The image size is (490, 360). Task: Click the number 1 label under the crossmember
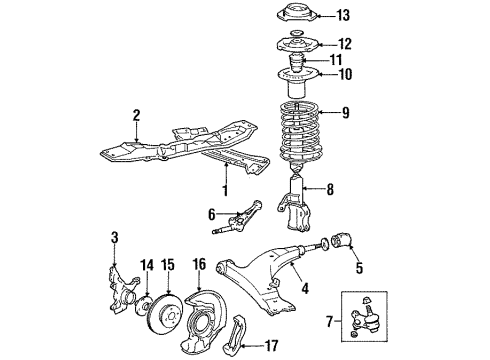coord(224,189)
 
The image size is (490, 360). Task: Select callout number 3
coord(115,237)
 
